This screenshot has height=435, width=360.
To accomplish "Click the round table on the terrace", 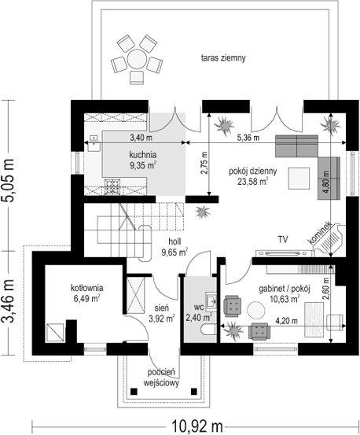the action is coord(137,59).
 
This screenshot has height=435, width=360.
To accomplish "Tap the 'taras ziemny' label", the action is coord(223,58).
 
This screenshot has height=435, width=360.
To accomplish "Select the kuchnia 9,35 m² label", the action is coord(143,160).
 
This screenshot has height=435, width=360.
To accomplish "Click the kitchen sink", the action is coord(94,143).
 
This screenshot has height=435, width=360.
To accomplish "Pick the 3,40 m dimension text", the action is coord(141,137).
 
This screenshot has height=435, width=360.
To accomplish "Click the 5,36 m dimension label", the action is coord(248,137).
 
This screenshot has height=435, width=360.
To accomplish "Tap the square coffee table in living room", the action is coord(299,179).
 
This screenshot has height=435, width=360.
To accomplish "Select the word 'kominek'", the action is coord(320,233).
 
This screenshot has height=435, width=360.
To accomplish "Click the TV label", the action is coord(283,239).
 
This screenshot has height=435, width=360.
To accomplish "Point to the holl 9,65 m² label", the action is coord(174,247).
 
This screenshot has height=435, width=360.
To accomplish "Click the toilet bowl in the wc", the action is coord(208,330).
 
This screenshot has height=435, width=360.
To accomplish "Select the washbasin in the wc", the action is coord(211,300).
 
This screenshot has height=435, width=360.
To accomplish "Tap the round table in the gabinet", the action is coord(256,311).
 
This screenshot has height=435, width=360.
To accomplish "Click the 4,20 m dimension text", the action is coord(287,321).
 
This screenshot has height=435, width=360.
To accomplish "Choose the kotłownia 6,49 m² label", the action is coord(86,293).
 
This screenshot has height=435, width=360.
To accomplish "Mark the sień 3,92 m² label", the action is coord(162,313).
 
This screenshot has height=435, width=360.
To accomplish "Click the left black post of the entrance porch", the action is coord(134,392).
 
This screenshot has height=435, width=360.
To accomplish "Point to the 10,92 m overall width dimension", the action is coord(197,425).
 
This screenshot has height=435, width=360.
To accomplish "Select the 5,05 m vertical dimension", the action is coord(9,181).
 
